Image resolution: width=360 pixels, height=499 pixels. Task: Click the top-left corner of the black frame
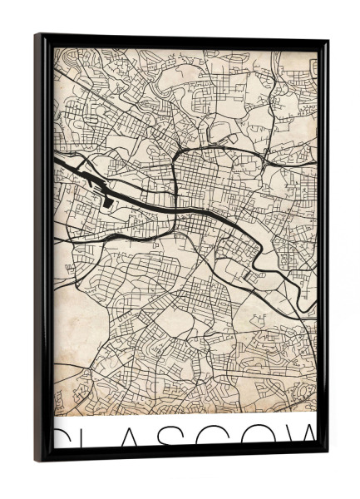pos(37,36)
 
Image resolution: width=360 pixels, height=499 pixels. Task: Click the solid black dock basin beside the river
pos(108,200)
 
